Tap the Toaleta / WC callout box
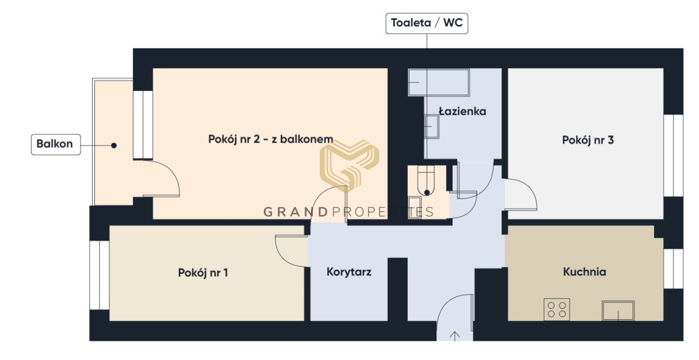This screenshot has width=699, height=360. [x=426, y=23]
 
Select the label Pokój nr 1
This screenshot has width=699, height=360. [x=203, y=273]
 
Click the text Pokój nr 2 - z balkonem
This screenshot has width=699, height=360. [x=270, y=139]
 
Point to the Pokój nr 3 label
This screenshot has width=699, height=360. [x=588, y=140]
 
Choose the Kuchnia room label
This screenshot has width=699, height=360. [x=584, y=271]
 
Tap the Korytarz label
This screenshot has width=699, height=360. [x=349, y=272]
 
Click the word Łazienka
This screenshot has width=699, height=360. [x=463, y=111]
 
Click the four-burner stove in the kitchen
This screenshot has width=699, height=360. [x=557, y=309]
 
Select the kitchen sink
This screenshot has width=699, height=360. [x=618, y=310]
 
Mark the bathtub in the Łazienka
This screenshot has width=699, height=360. [x=439, y=82]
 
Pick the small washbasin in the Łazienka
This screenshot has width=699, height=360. [x=432, y=126]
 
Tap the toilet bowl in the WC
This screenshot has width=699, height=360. [x=426, y=181]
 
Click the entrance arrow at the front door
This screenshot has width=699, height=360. [x=455, y=336]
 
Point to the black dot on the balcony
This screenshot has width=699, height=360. [x=114, y=146]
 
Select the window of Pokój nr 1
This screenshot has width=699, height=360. [x=100, y=275]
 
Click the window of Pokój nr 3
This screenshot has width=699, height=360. [x=673, y=156]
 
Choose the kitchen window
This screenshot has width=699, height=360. [x=673, y=269]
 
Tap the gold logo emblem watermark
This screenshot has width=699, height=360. [x=349, y=165]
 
